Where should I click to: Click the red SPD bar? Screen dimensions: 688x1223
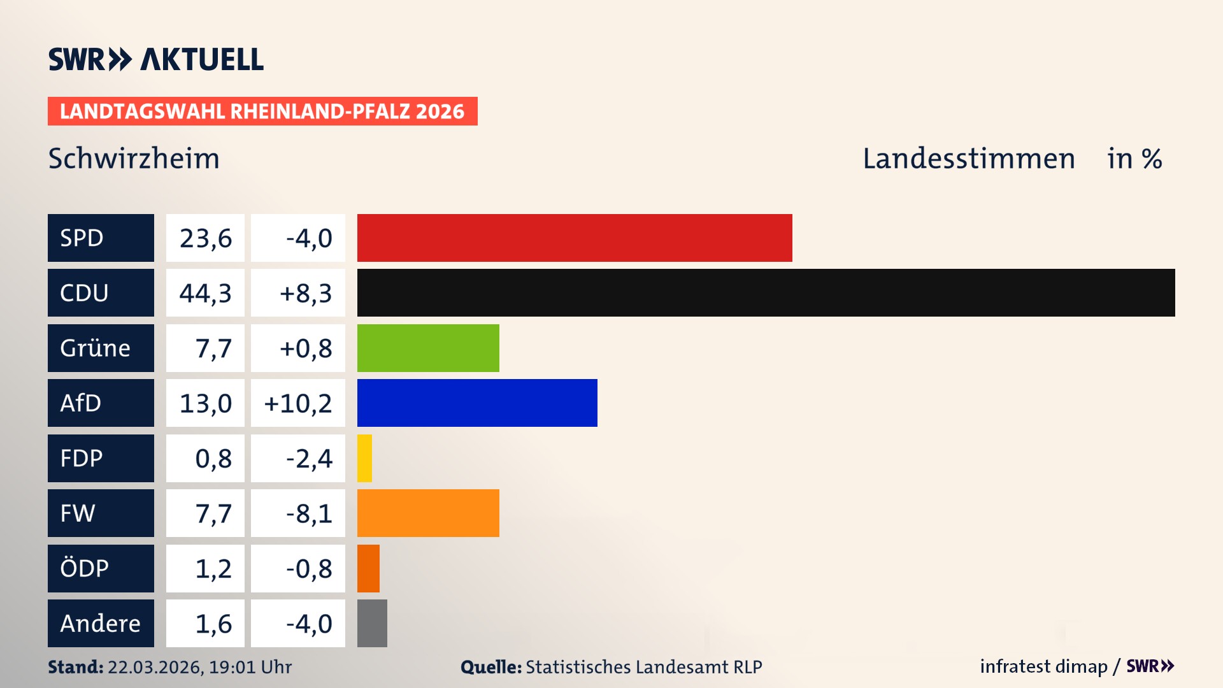tap(575, 238)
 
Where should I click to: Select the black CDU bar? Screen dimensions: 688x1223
tap(766, 292)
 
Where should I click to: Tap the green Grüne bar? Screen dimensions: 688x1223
tap(428, 348)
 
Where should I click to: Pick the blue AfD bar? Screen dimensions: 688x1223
tap(477, 403)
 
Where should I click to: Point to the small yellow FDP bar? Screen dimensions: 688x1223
tap(364, 458)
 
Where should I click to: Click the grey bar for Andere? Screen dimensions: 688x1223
tap(372, 623)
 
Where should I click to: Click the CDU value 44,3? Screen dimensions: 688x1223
tap(205, 293)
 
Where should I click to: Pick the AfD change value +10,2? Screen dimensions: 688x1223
tap(297, 403)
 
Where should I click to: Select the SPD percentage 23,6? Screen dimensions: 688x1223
tap(205, 238)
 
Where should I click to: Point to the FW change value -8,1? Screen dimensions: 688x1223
tap(308, 513)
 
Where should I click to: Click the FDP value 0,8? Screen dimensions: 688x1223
tap(213, 459)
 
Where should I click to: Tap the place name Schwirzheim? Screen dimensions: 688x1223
tap(134, 159)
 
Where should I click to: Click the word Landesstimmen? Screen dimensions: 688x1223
tap(968, 159)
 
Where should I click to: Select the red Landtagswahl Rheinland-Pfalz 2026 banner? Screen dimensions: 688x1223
tap(262, 111)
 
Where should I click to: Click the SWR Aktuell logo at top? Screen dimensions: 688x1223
tap(156, 59)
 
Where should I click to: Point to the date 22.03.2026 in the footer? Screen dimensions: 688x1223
tap(155, 667)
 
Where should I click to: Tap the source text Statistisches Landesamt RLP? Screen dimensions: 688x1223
tap(643, 667)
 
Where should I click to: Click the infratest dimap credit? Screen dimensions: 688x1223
tap(1043, 666)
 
